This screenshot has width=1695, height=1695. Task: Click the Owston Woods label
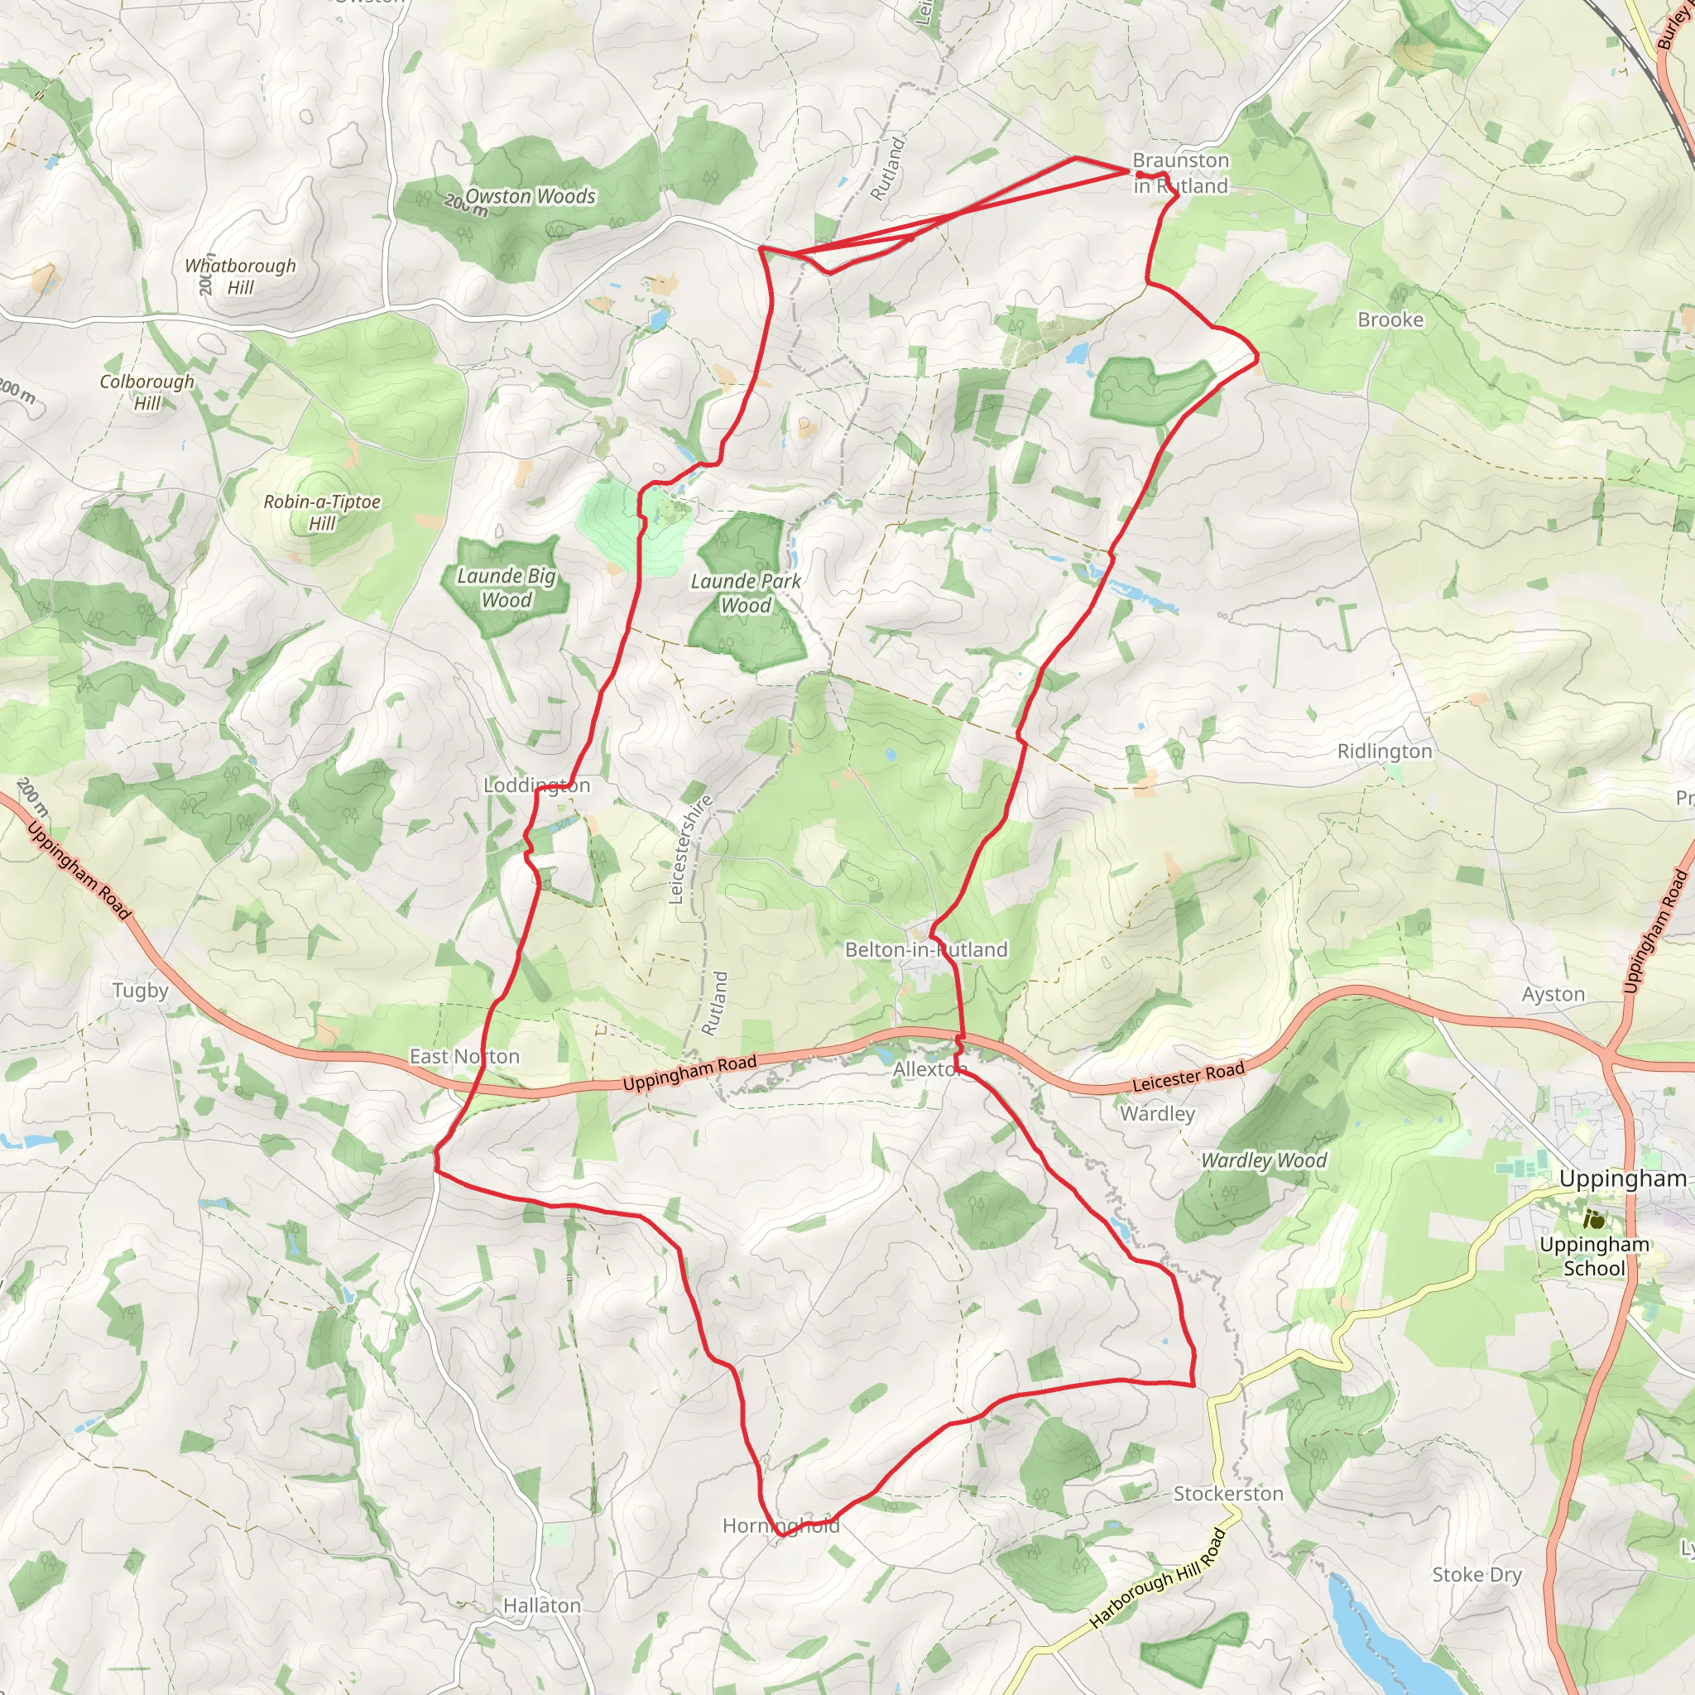tap(530, 196)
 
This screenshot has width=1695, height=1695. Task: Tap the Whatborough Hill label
tap(239, 276)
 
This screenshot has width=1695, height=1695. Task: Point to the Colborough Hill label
tap(146, 392)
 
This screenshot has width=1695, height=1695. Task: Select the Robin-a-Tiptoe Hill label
tap(322, 512)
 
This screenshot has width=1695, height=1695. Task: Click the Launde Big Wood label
tap(507, 588)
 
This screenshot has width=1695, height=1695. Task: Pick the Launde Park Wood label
tap(746, 593)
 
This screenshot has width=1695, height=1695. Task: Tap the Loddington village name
tap(537, 785)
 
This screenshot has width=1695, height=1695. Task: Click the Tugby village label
tap(141, 991)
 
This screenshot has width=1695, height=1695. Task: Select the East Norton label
tap(464, 1056)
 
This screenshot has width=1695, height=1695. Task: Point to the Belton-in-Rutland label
tap(925, 949)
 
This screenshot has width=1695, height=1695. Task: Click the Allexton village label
tap(929, 1069)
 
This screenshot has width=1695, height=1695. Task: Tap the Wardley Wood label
tap(1263, 1160)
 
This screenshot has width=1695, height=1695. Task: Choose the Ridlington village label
tap(1385, 751)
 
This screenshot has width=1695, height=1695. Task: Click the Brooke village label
tap(1390, 319)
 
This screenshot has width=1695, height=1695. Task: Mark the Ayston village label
tap(1553, 994)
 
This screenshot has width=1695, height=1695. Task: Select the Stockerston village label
tap(1228, 1493)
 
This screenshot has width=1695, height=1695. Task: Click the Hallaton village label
tap(541, 1606)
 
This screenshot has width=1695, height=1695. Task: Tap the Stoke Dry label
tap(1477, 1575)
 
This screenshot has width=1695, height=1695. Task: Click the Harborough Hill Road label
tap(1157, 1578)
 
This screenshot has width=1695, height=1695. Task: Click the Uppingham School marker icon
tap(1594, 1219)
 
